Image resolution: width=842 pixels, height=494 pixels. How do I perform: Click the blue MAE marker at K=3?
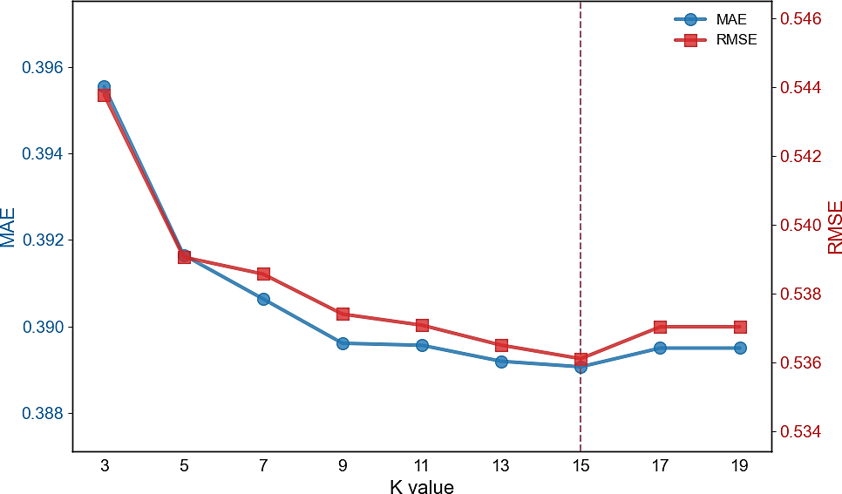click(105, 86)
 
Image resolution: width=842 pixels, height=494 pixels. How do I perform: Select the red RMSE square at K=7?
click(263, 274)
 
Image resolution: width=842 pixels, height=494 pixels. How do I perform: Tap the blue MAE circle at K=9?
click(343, 343)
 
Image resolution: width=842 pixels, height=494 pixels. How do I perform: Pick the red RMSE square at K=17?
click(660, 327)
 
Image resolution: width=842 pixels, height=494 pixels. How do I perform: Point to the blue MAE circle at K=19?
click(740, 348)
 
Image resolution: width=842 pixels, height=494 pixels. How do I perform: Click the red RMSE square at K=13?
click(501, 345)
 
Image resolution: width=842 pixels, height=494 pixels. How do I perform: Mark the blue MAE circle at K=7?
click(263, 299)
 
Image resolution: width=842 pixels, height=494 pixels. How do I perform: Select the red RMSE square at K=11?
click(422, 325)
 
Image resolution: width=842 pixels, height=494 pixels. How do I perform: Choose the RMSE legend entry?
click(716, 40)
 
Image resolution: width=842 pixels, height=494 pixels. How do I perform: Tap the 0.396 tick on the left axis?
click(43, 68)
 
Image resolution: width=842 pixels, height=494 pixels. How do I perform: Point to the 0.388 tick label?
click(43, 414)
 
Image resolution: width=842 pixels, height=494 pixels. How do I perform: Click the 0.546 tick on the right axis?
click(801, 19)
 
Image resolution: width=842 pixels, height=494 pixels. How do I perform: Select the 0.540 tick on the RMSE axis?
click(801, 225)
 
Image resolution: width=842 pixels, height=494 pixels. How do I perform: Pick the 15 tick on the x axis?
click(581, 465)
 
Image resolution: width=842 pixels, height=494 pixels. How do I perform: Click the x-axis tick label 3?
click(105, 465)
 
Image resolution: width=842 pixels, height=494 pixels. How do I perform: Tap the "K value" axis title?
click(422, 486)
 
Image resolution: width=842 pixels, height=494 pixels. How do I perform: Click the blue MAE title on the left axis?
click(8, 227)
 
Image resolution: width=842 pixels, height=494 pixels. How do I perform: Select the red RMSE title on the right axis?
click(834, 227)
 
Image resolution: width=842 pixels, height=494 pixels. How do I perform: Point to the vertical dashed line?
click(581, 226)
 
